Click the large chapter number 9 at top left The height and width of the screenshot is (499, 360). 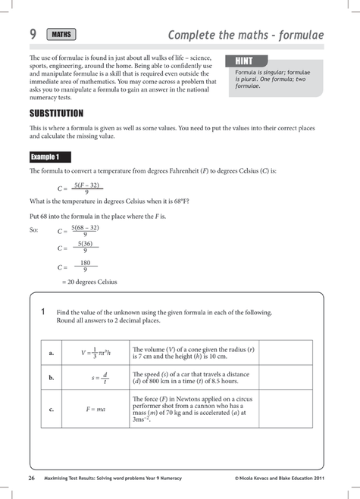tap(33, 33)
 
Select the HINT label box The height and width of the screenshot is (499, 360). tap(246, 60)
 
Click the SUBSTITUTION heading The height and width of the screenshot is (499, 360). tap(61, 113)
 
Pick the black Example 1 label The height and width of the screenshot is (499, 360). tap(50, 157)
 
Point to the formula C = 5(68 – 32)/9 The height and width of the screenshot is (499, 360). tap(79, 230)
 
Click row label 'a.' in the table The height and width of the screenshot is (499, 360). tap(51, 352)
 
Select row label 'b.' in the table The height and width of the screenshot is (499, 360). tap(51, 376)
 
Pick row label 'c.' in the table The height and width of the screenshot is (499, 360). tap(51, 409)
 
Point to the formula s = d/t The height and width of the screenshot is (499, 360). tap(100, 376)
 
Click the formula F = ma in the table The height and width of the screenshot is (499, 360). tap(95, 409)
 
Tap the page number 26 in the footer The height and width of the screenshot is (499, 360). tap(31, 479)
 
